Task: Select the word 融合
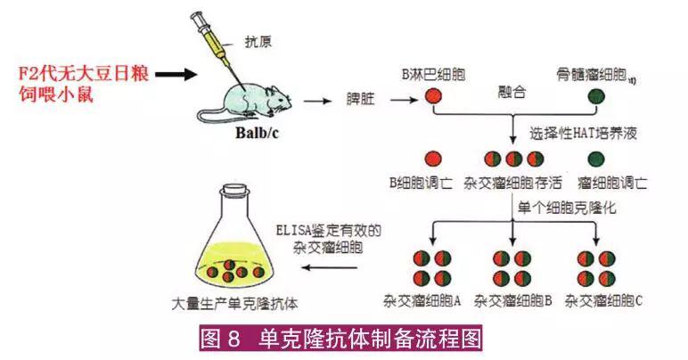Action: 512,92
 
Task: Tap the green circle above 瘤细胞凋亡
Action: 599,160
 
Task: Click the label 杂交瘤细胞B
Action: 513,299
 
